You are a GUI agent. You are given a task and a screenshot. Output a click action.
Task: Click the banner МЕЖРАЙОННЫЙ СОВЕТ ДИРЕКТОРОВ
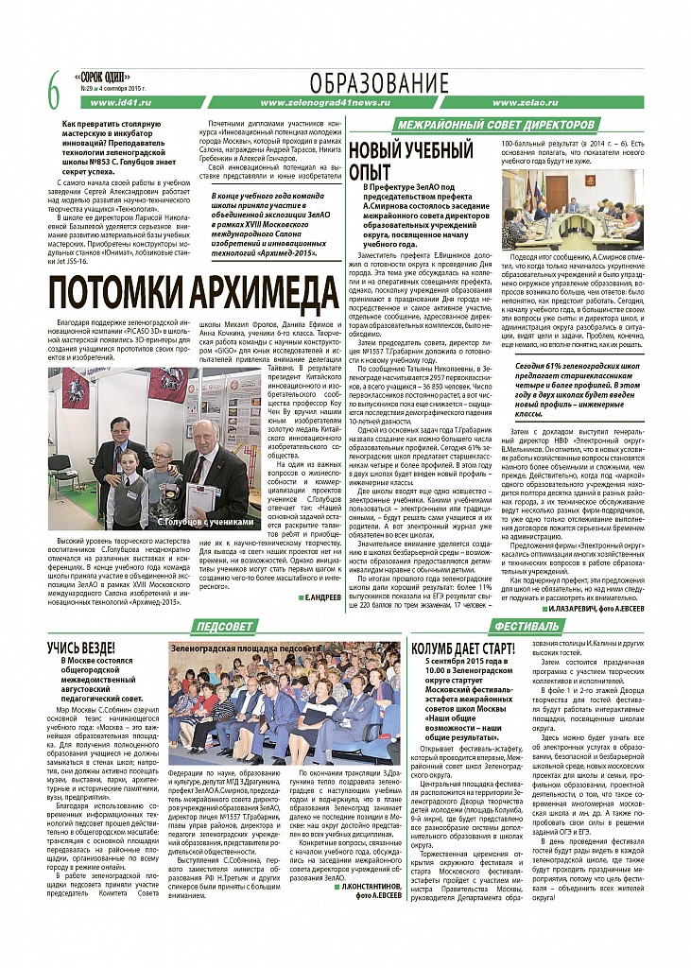click(495, 125)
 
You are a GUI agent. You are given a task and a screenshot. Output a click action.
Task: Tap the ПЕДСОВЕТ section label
click(222, 627)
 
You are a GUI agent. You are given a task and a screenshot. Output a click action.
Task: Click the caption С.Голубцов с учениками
click(206, 521)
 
